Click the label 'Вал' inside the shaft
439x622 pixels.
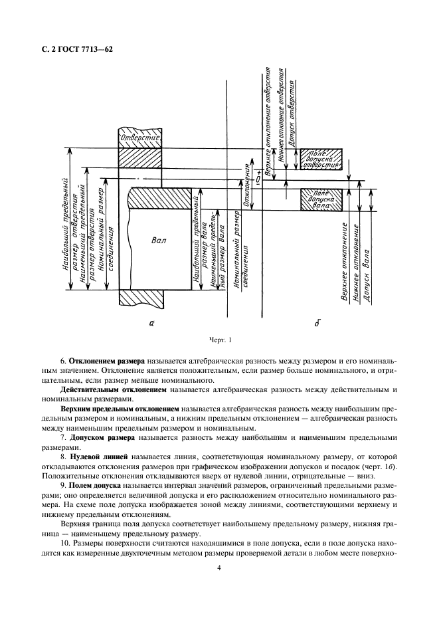[x=159, y=240]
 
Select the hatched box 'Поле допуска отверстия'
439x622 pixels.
[x=321, y=159]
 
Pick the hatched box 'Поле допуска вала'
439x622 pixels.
[x=322, y=199]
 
